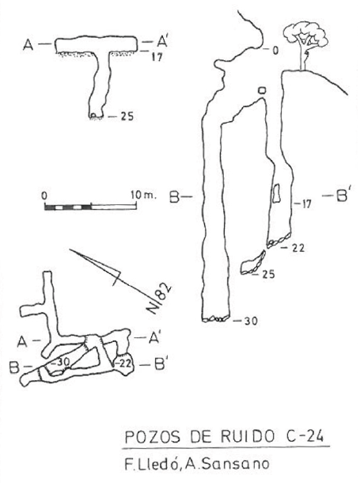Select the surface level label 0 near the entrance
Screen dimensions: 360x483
pyautogui.click(x=275, y=50)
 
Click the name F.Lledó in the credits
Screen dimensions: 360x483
pyautogui.click(x=150, y=463)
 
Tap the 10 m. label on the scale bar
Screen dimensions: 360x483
pyautogui.click(x=143, y=196)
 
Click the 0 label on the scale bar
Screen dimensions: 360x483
pyautogui.click(x=44, y=196)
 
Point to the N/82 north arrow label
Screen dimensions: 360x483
pyautogui.click(x=160, y=299)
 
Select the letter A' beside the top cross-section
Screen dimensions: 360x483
pyautogui.click(x=160, y=41)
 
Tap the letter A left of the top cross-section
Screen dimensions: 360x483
pyautogui.click(x=28, y=45)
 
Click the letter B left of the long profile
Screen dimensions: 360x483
pyautogui.click(x=174, y=197)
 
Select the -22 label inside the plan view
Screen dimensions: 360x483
pyautogui.click(x=124, y=363)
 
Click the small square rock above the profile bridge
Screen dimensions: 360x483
pyautogui.click(x=262, y=90)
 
